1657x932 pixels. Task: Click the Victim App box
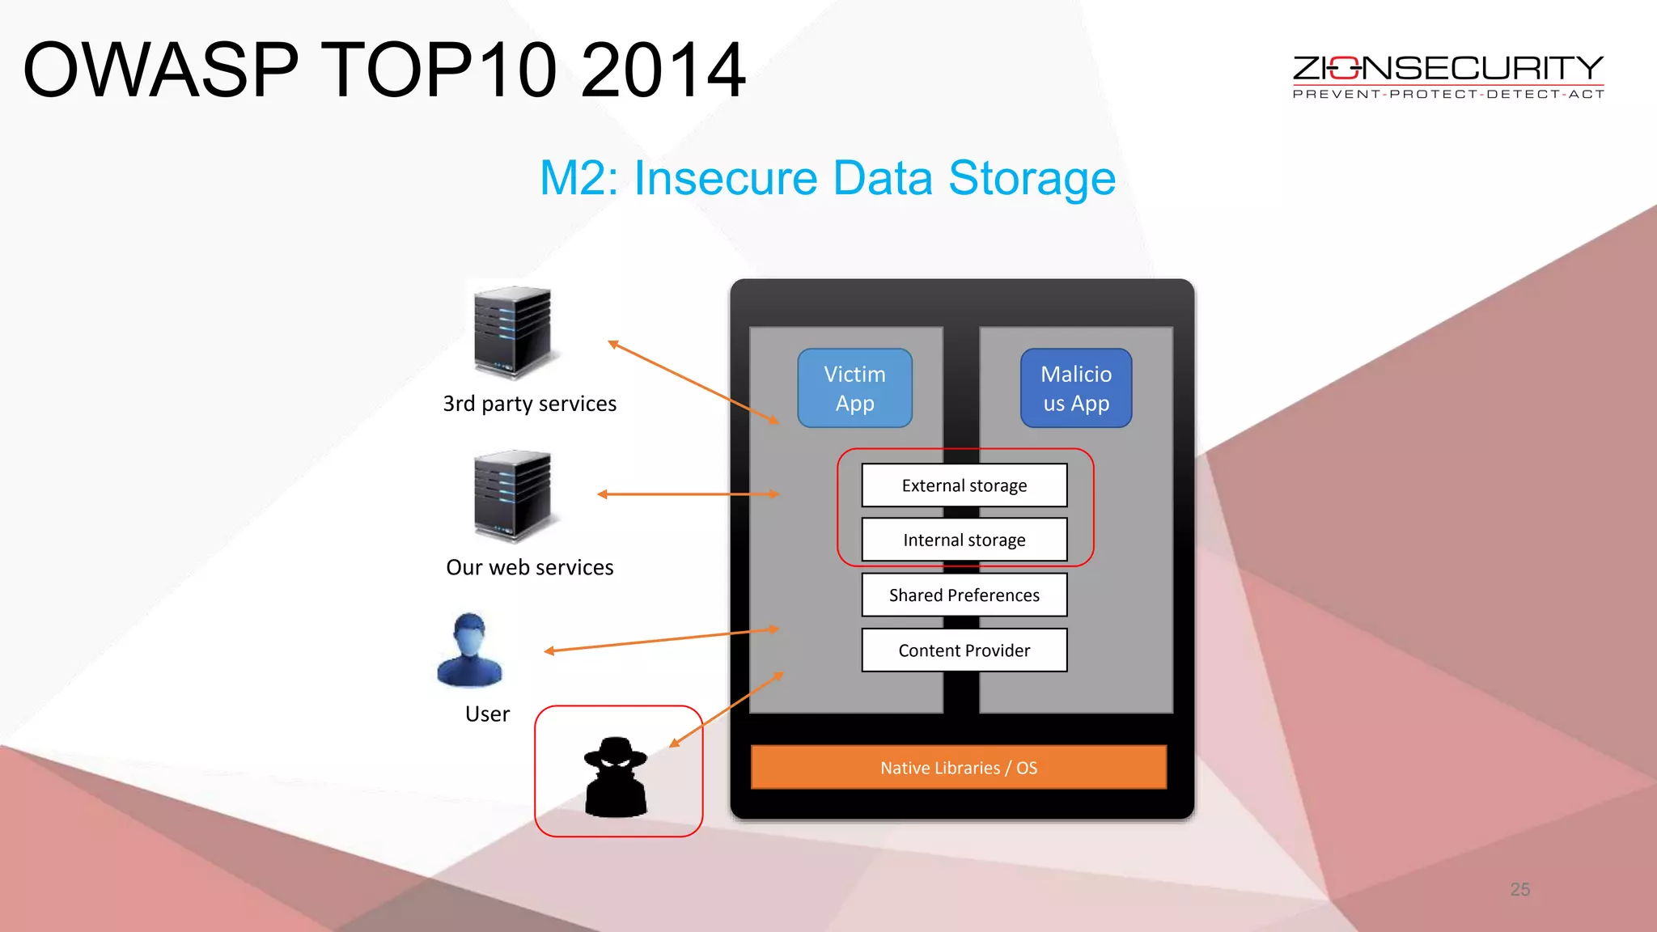coord(854,388)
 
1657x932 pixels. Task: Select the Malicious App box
coord(1076,388)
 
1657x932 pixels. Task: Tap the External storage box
coord(964,485)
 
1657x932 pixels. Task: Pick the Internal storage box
coord(964,540)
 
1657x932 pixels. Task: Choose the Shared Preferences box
coord(964,595)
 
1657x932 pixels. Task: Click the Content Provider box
coord(964,650)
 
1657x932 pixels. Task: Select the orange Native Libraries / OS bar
coord(959,767)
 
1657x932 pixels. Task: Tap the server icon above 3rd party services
coord(512,332)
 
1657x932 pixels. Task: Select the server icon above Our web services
coord(512,495)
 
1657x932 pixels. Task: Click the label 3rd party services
coord(530,404)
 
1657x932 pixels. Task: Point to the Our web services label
coord(530,568)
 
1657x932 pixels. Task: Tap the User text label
coord(487,714)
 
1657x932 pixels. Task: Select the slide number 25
coord(1519,890)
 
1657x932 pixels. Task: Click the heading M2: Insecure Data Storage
coord(828,178)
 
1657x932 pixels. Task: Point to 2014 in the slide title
coord(663,70)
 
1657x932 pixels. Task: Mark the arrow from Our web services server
coord(688,494)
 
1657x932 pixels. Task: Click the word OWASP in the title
coord(161,70)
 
